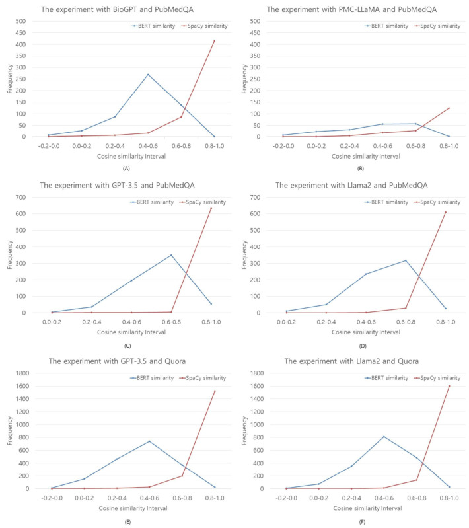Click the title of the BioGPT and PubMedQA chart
pyautogui.click(x=117, y=9)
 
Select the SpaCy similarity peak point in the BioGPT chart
pyautogui.click(x=215, y=41)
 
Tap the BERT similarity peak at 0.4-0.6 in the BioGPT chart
pyautogui.click(x=148, y=75)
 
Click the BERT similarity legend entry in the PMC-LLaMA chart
pyautogui.click(x=386, y=26)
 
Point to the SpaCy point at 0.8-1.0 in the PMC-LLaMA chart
pyautogui.click(x=449, y=108)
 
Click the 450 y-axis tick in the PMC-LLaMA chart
pyautogui.click(x=255, y=33)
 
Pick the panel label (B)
pyautogui.click(x=360, y=169)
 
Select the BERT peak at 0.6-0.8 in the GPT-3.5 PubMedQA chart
pyautogui.click(x=171, y=255)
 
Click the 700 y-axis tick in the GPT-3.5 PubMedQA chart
pyautogui.click(x=20, y=198)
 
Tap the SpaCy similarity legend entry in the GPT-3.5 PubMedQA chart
pyautogui.click(x=203, y=202)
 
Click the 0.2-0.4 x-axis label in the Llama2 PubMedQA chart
pyautogui.click(x=326, y=322)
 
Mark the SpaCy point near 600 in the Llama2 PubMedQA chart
pyautogui.click(x=445, y=213)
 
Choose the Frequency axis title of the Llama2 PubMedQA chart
pyautogui.click(x=244, y=255)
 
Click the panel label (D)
pyautogui.click(x=363, y=346)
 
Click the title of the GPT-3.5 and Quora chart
pyautogui.click(x=117, y=361)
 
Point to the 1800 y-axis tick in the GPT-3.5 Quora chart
pyautogui.click(x=22, y=373)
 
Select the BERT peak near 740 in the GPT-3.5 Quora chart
pyautogui.click(x=149, y=441)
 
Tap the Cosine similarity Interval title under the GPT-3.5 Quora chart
pyautogui.click(x=133, y=508)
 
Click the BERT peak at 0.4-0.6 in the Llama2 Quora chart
pyautogui.click(x=384, y=437)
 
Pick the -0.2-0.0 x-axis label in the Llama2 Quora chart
pyautogui.click(x=287, y=498)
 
